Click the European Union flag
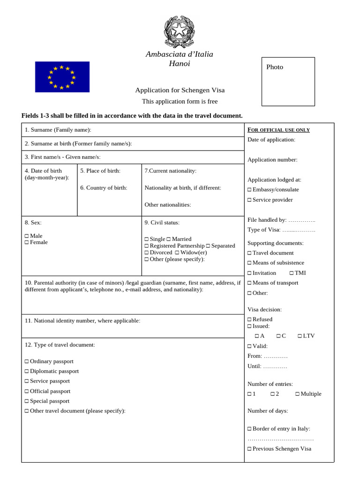coord(62,77)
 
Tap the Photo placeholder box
coord(288,82)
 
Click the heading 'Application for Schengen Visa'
coord(180,90)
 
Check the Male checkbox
coord(27,236)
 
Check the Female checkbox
coord(27,242)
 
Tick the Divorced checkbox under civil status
coord(147,253)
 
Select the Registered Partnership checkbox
coord(147,246)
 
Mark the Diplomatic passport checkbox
coord(27,371)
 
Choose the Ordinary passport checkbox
coord(27,361)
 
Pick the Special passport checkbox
coord(27,401)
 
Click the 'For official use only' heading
coord(278,130)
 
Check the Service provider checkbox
coord(249,200)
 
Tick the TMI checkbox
coord(292,273)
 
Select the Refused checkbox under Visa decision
coord(249,320)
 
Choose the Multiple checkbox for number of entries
coord(297,394)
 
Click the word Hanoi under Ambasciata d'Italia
coord(180,64)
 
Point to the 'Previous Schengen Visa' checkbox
coord(249,449)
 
